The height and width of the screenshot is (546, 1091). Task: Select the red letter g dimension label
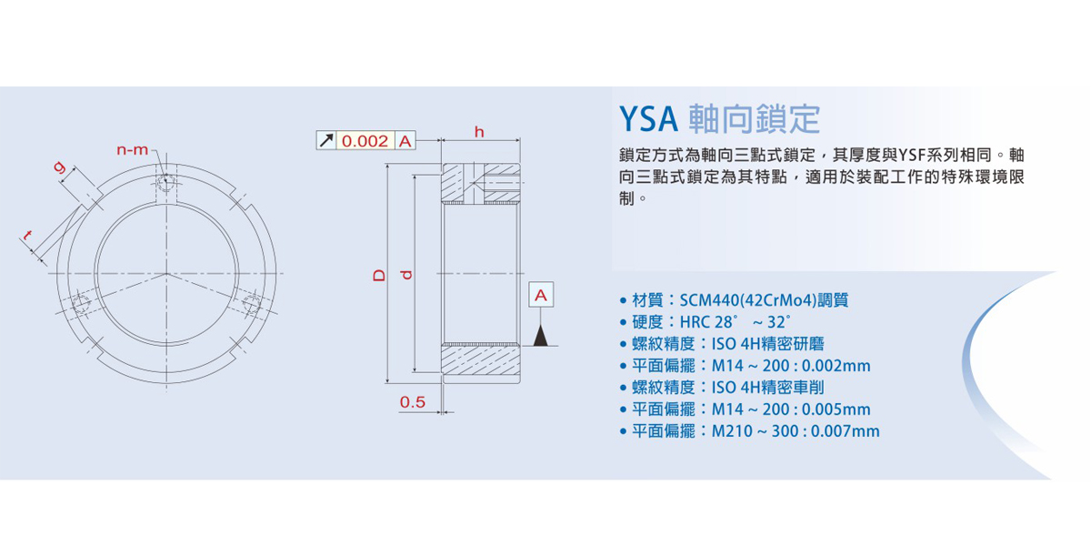coord(60,168)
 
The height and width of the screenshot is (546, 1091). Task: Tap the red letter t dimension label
coord(30,238)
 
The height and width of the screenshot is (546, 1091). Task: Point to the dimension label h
coord(479,132)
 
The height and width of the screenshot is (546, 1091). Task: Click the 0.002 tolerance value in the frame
coord(365,141)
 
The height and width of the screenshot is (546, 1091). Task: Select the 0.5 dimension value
coord(413,402)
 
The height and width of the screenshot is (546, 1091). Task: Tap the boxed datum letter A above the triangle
coord(541,296)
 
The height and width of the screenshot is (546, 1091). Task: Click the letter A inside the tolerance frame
coord(405,141)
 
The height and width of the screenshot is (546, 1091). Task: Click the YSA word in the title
coord(648,118)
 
